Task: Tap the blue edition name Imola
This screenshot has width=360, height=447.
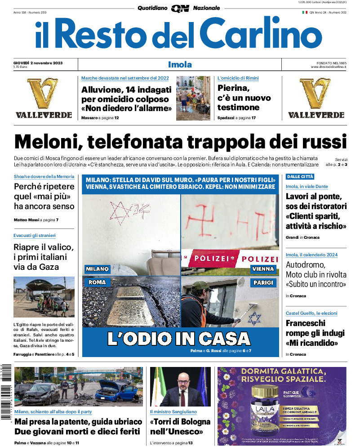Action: [x=180, y=64]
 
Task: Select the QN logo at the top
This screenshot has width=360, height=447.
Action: [x=180, y=8]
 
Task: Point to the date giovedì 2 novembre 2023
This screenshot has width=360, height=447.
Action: [x=38, y=63]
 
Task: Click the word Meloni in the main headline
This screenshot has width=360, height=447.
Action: [x=47, y=143]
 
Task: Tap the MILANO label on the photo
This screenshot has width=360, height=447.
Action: [x=98, y=269]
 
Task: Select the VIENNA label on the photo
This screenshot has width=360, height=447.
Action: [x=263, y=269]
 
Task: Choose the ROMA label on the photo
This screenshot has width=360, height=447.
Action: [x=97, y=282]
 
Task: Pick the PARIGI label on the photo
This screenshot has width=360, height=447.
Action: [x=263, y=282]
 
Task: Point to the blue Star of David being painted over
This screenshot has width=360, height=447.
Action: [x=255, y=317]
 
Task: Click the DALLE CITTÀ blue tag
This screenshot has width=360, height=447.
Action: [x=300, y=177]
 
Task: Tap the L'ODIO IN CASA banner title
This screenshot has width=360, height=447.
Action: [x=179, y=338]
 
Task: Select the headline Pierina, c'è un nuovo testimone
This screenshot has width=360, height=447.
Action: [x=244, y=98]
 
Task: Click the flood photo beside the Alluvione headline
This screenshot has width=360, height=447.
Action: [x=193, y=98]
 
